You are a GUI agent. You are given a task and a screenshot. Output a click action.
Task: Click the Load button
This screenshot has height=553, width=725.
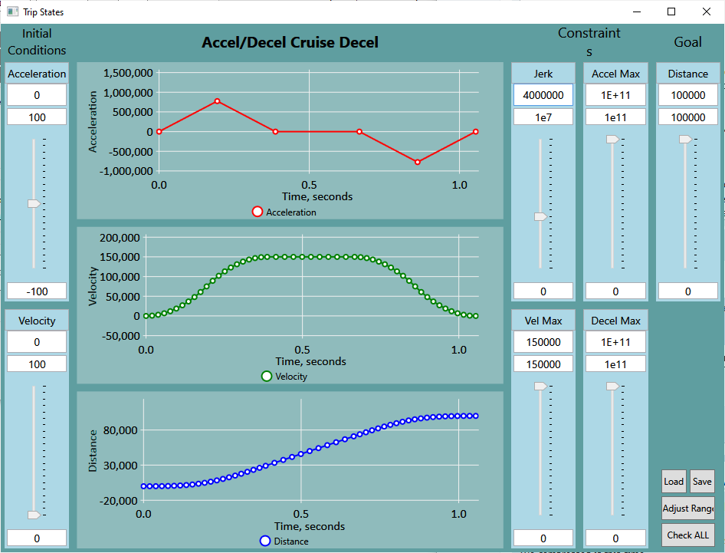674,482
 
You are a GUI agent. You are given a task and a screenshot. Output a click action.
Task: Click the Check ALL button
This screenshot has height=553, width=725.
687,535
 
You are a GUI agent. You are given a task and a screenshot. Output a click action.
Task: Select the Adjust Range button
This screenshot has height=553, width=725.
687,509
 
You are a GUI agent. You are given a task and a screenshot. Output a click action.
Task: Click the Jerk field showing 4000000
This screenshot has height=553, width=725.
543,95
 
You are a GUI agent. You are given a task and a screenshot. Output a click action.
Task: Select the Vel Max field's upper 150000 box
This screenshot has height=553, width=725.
543,342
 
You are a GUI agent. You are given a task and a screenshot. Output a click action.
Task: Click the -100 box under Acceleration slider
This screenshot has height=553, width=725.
37,291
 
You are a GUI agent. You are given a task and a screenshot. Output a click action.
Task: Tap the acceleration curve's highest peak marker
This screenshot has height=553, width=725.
218,101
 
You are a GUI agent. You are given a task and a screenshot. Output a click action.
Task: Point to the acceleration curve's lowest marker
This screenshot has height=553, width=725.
418,162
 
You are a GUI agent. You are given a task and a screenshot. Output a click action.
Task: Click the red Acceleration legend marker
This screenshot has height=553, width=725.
258,212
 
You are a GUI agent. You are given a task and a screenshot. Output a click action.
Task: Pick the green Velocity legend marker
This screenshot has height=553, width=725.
267,376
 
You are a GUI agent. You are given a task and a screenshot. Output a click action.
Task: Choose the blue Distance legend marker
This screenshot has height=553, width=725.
265,541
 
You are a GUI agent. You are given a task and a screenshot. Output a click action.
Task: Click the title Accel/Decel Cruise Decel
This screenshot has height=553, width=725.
290,42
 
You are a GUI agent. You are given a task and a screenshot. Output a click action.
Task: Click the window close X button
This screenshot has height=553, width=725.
707,12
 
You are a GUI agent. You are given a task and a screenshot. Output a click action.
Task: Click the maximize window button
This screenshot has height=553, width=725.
671,12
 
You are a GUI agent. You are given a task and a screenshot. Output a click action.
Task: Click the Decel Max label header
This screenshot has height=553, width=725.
615,321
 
